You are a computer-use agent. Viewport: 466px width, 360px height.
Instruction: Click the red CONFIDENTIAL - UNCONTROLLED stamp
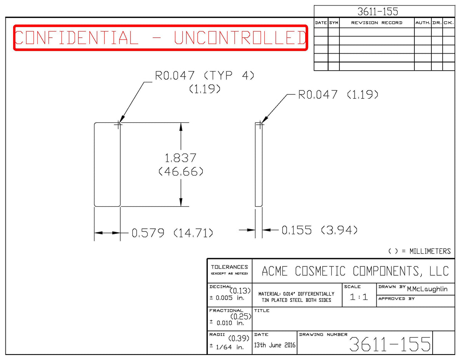pyautogui.click(x=160, y=38)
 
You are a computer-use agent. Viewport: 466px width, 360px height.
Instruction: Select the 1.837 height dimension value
pyautogui.click(x=180, y=158)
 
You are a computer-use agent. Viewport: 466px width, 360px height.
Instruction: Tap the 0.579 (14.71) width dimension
pyautogui.click(x=172, y=233)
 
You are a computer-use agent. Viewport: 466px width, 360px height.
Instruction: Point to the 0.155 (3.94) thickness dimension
pyautogui.click(x=320, y=230)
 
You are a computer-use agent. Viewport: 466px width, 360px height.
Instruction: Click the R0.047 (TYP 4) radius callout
pyautogui.click(x=205, y=76)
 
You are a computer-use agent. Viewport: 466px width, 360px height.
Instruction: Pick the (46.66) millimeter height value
pyautogui.click(x=181, y=172)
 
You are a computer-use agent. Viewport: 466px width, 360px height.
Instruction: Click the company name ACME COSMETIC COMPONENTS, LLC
pyautogui.click(x=355, y=271)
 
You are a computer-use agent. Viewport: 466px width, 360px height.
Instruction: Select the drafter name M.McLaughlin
pyautogui.click(x=427, y=289)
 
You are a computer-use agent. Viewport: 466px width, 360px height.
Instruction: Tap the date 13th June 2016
pyautogui.click(x=275, y=345)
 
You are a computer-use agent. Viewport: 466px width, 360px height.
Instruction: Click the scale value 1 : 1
pyautogui.click(x=359, y=297)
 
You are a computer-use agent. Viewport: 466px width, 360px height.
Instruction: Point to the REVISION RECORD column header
pyautogui.click(x=377, y=23)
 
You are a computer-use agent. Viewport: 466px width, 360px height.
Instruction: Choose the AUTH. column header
pyautogui.click(x=423, y=23)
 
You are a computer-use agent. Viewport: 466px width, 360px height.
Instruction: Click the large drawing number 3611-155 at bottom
pyautogui.click(x=389, y=344)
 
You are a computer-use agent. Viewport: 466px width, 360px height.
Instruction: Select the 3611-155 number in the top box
pyautogui.click(x=377, y=11)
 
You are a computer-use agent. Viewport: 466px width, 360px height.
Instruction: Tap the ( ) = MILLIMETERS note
pyautogui.click(x=419, y=251)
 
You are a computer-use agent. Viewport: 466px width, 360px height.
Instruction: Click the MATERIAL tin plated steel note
pyautogui.click(x=296, y=297)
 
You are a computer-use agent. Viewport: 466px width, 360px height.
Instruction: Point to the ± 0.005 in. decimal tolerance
pyautogui.click(x=227, y=298)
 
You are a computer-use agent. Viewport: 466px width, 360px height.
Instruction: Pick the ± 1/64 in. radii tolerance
pyautogui.click(x=227, y=347)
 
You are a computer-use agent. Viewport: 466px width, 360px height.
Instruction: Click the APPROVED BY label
pyautogui.click(x=396, y=299)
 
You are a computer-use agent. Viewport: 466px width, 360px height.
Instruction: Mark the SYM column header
pyautogui.click(x=334, y=23)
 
